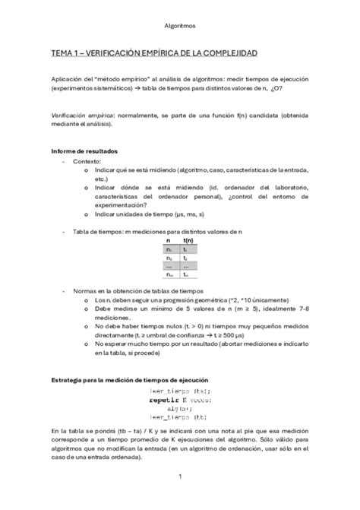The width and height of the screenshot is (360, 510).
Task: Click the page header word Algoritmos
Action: tap(180, 25)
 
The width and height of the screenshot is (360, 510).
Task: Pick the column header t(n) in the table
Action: tap(185, 239)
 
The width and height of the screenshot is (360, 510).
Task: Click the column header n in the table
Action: tap(168, 239)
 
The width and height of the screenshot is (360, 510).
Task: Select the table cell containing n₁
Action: tap(168, 249)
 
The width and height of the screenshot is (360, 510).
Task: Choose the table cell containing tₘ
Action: tap(185, 274)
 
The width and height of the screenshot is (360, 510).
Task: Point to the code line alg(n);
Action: tap(181, 407)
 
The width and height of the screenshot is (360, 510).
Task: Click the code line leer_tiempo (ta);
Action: tap(181, 390)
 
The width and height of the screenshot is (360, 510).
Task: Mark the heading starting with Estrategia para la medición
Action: tap(129, 379)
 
